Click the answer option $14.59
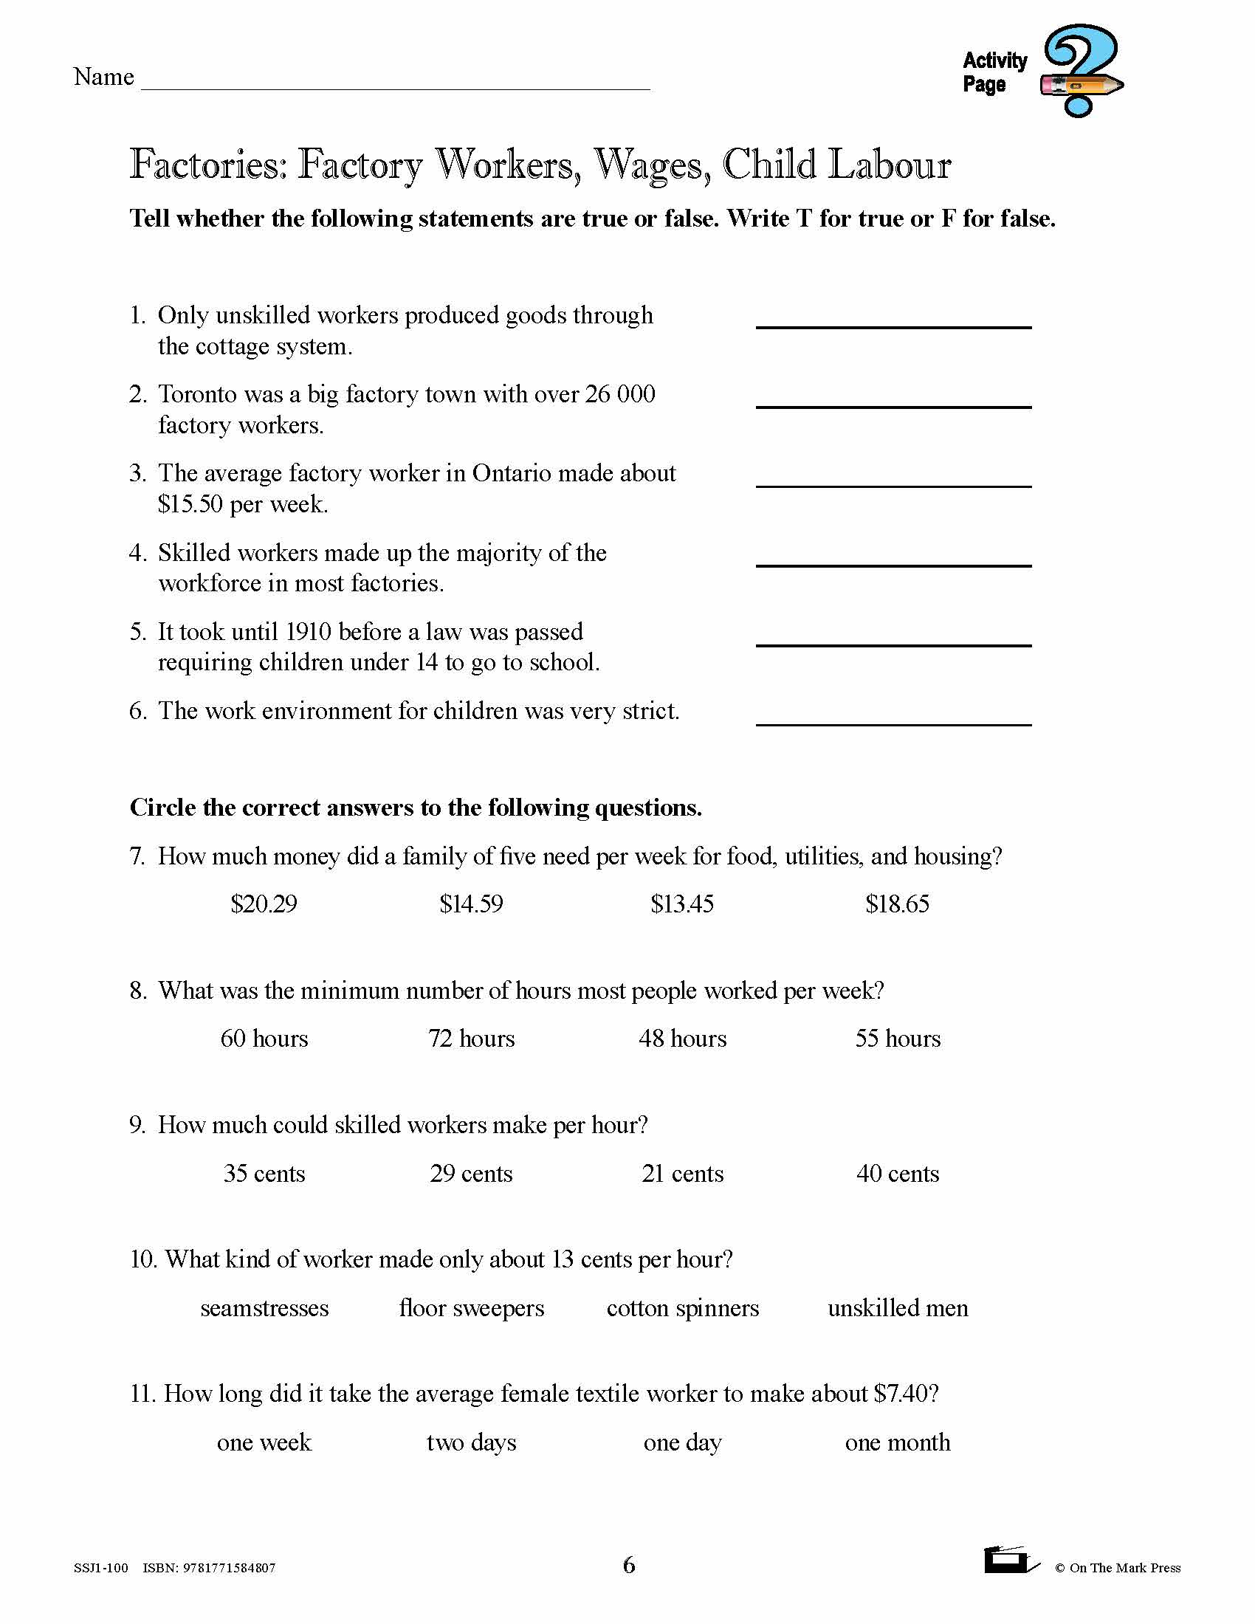[471, 904]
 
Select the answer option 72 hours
[471, 1038]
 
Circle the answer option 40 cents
[898, 1174]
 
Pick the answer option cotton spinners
[683, 1308]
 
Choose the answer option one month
[898, 1442]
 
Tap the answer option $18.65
[898, 904]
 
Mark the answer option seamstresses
[264, 1308]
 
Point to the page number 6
[629, 1566]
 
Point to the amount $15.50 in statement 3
[190, 504]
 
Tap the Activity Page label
[994, 72]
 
